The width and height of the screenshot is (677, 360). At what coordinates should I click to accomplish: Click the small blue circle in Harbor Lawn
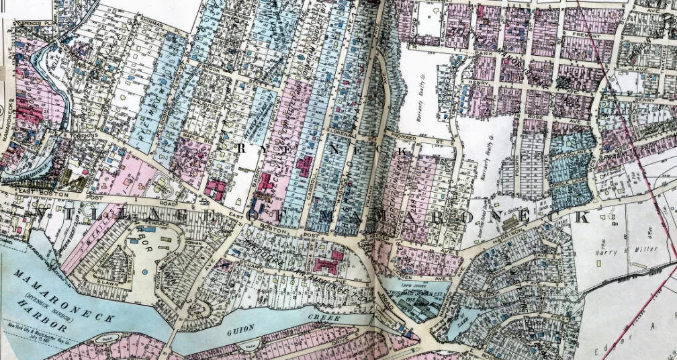[144, 271]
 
